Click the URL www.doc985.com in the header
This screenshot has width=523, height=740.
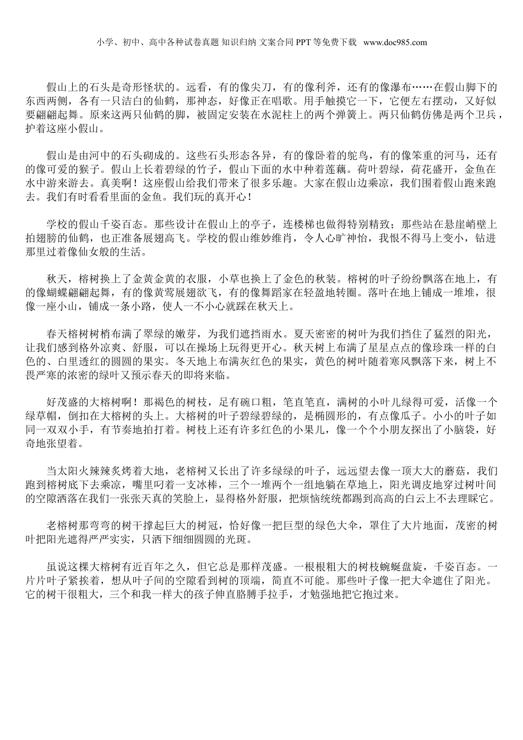click(x=395, y=42)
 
